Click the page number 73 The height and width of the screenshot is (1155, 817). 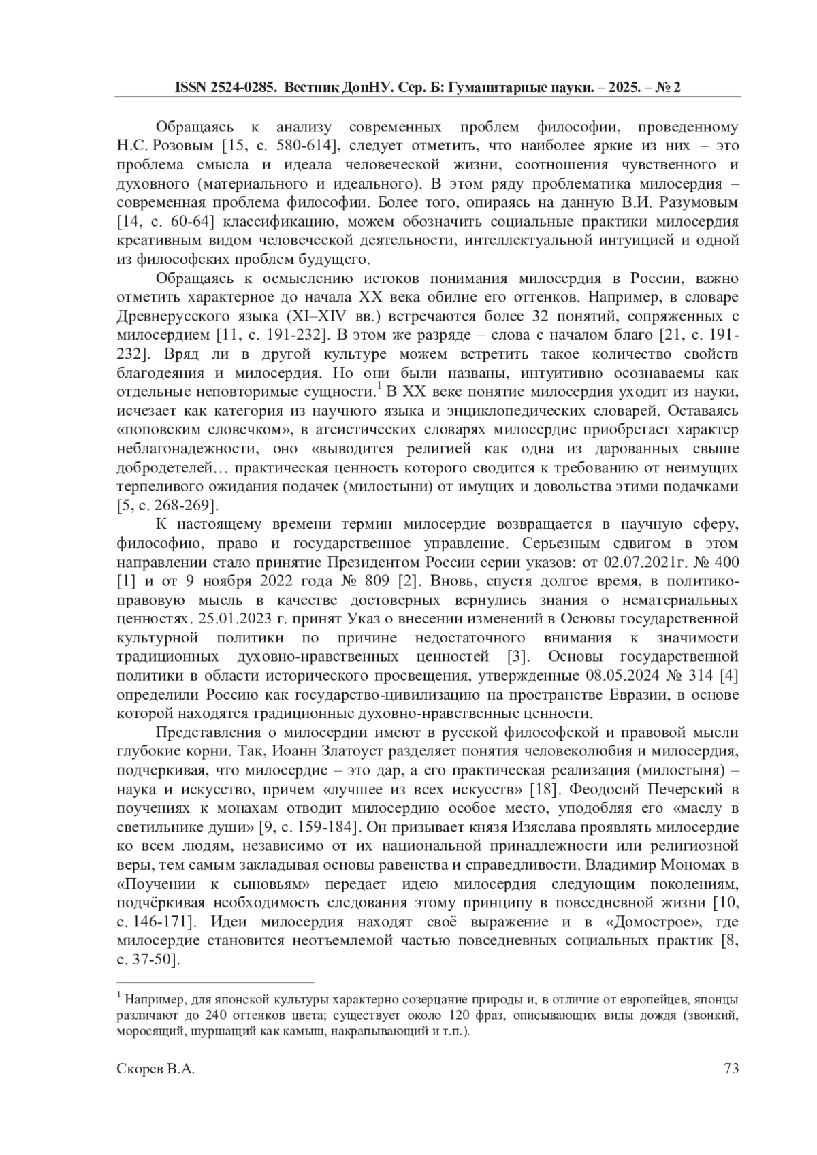731,1069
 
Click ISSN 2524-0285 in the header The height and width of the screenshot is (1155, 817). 226,88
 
